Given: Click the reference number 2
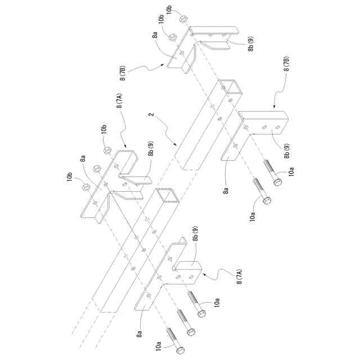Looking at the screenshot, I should (151, 116).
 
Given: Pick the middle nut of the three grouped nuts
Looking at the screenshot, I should (95, 167).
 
